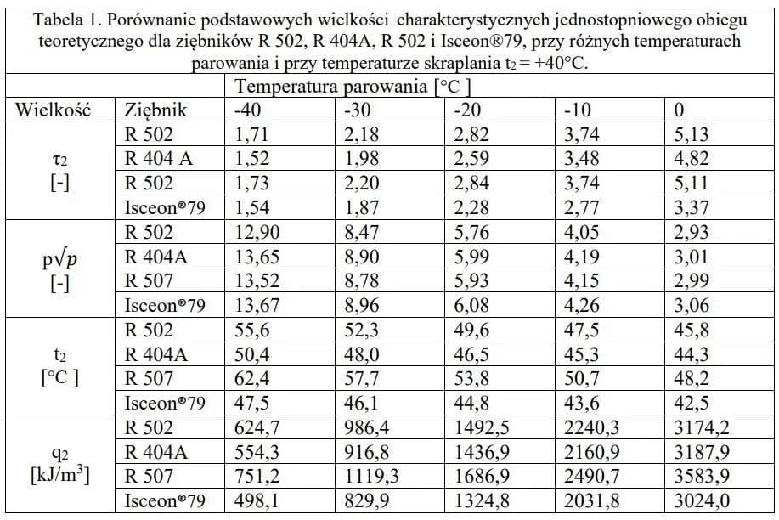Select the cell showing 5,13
[x=690, y=134]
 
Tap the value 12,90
[x=255, y=232]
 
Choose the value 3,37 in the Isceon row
[x=690, y=207]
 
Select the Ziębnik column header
[x=155, y=110]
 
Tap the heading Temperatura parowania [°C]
[x=353, y=87]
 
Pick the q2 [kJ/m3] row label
[x=59, y=463]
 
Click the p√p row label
[x=59, y=268]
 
